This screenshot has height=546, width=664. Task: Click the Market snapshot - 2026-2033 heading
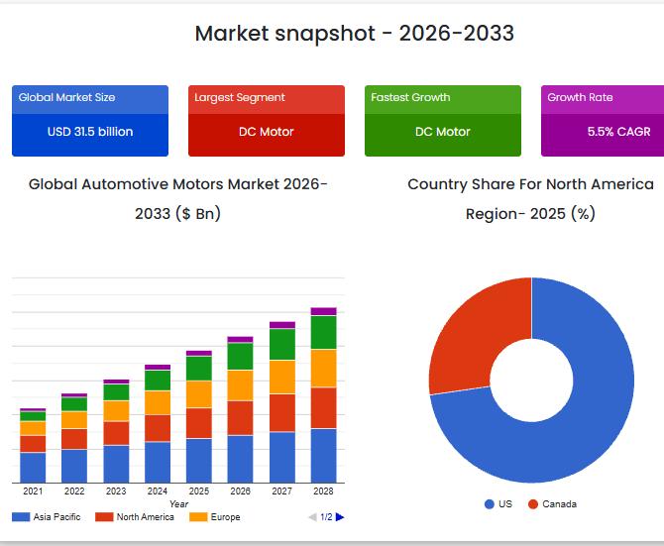354,33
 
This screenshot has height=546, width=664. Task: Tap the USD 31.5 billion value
90,132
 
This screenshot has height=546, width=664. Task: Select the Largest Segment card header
240,97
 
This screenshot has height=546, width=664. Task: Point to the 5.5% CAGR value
618,132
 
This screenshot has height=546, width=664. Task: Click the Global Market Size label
66,97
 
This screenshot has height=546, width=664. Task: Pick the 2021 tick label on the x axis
33,491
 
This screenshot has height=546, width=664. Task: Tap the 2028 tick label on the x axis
323,491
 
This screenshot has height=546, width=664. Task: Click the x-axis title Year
178,503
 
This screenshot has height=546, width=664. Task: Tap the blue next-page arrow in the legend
340,517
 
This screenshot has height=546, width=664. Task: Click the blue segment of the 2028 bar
323,455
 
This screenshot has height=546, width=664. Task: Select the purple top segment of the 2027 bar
282,324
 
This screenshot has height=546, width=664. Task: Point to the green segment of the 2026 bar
241,356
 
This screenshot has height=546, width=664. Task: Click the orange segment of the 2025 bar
199,394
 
